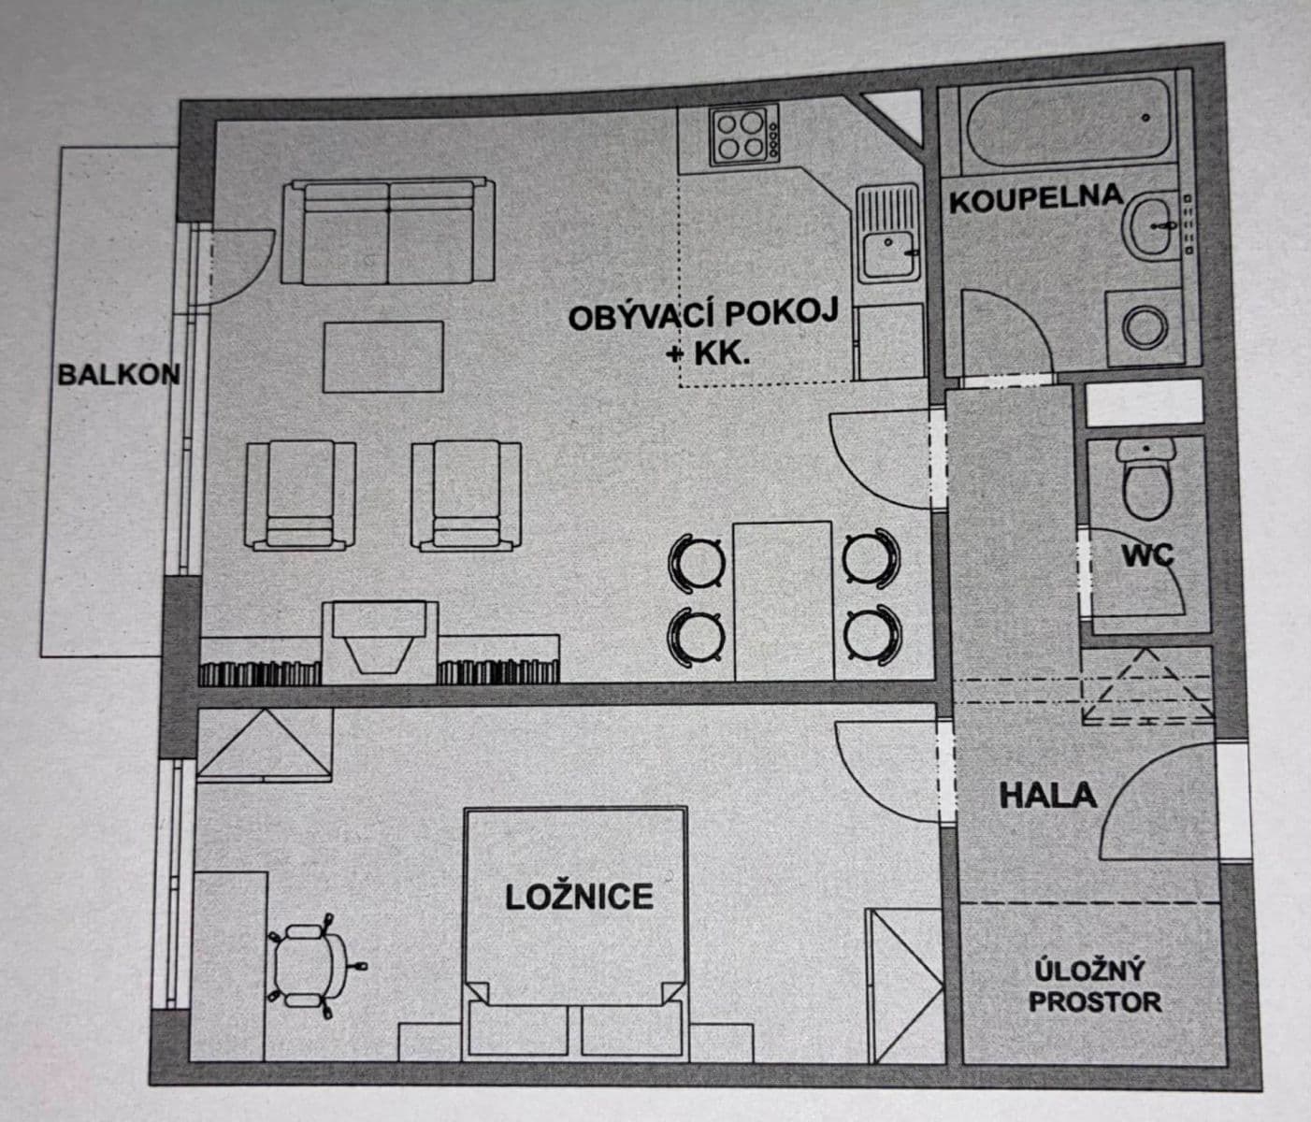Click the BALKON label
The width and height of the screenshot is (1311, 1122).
tap(118, 375)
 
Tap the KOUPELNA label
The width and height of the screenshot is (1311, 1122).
tap(1035, 198)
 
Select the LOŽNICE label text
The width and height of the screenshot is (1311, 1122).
tap(579, 897)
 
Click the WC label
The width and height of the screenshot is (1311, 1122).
tap(1147, 554)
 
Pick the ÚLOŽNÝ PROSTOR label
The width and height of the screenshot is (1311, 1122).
tap(1094, 987)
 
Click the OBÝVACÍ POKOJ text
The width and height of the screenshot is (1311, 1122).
tap(703, 315)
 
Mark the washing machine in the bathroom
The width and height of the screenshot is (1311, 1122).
tap(1145, 328)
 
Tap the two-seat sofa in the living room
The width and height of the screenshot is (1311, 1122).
tap(389, 233)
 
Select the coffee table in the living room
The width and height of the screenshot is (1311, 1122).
tap(383, 356)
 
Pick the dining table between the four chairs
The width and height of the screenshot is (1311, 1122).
tap(784, 599)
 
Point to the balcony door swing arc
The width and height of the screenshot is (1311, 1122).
tap(245, 266)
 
